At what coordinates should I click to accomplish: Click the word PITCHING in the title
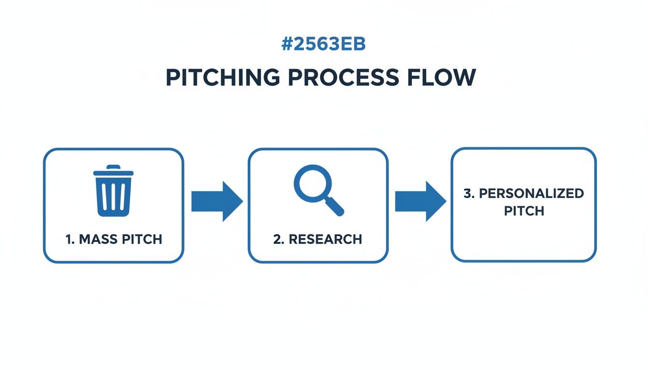point(222,78)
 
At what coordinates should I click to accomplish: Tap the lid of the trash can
point(113,171)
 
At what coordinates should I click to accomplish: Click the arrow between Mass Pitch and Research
point(216,201)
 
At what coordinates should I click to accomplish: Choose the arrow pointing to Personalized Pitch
point(420,201)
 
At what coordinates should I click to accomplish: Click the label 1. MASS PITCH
point(114,239)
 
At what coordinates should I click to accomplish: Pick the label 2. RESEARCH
point(317,239)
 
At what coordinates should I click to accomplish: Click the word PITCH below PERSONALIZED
point(524,211)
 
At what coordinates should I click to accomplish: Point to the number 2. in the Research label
point(278,239)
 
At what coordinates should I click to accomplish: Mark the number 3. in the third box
point(469,194)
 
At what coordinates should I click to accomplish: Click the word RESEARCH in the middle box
point(326,239)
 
